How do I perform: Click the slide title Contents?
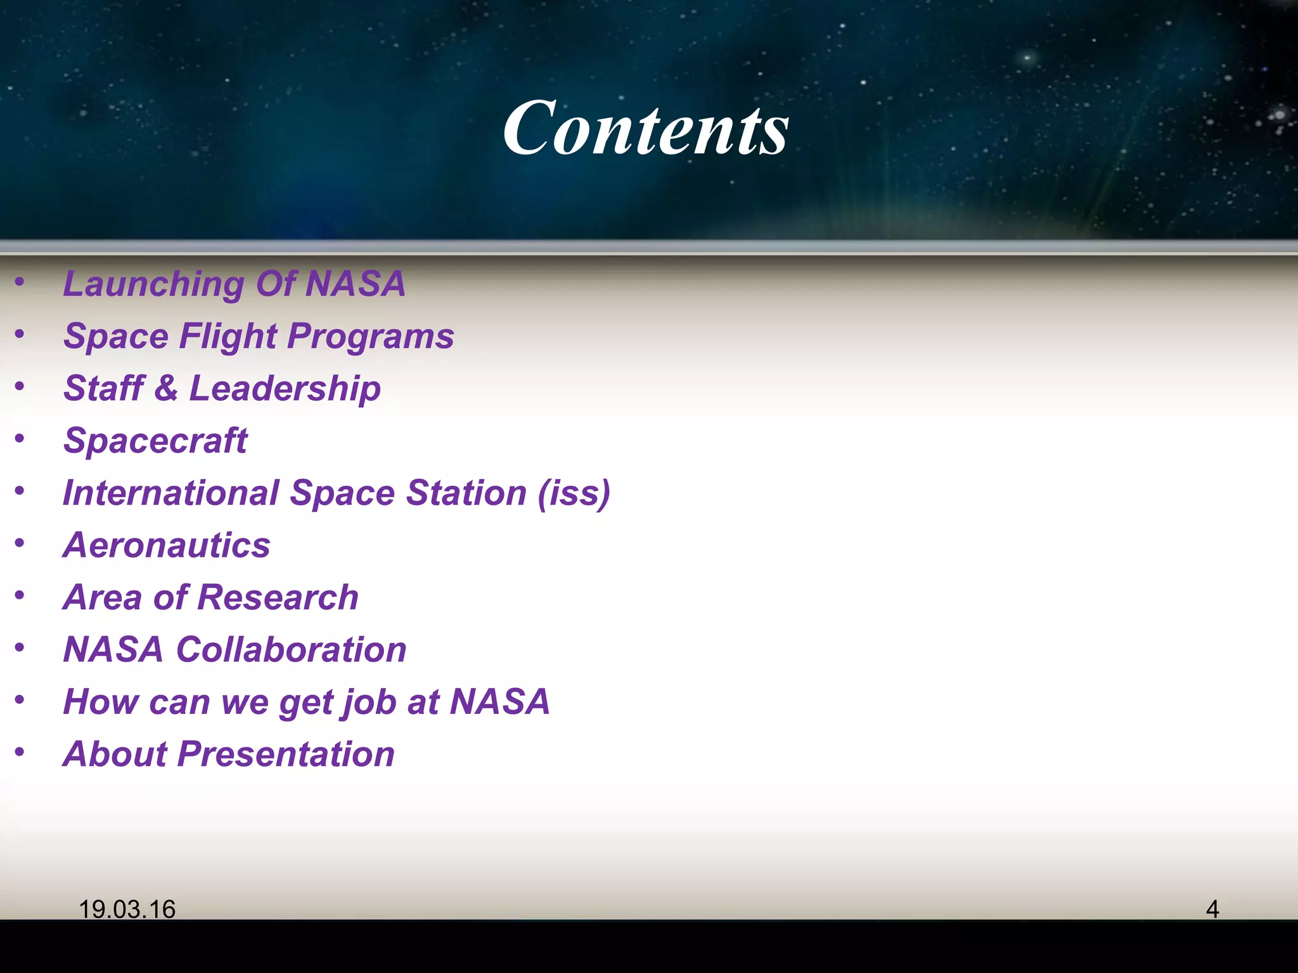tap(646, 129)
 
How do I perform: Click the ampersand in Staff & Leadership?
tap(166, 388)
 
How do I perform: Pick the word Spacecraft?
tap(155, 441)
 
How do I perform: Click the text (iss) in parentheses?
tap(574, 493)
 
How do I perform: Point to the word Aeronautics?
tap(167, 545)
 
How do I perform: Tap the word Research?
tap(279, 597)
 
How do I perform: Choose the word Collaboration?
tap(292, 650)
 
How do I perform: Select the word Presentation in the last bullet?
tap(286, 754)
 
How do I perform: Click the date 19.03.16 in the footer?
tap(127, 909)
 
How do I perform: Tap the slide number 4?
tap(1212, 909)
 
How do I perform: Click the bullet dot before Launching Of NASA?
tap(20, 281)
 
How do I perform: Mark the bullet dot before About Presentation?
tap(20, 752)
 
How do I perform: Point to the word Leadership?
tap(285, 388)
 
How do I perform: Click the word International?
tap(171, 493)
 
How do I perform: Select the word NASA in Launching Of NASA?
tap(355, 284)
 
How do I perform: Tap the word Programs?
tap(371, 336)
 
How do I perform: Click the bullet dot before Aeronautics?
tap(20, 543)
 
